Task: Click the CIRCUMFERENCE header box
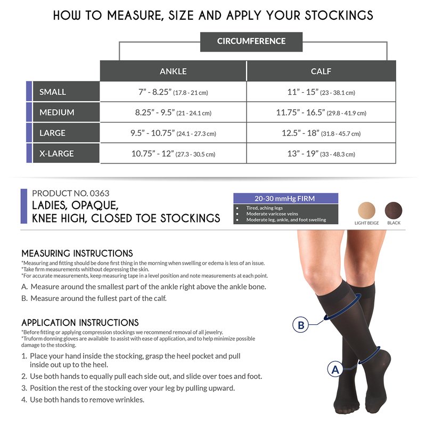251,42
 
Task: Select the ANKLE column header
173,71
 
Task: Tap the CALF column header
321,71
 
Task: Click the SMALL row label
66,92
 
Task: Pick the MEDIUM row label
66,112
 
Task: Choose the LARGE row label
66,133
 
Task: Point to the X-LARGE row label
66,153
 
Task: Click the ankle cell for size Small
173,92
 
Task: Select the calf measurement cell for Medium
321,112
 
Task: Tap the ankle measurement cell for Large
173,133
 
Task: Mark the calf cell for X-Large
321,153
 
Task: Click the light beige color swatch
366,210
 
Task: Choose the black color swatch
394,210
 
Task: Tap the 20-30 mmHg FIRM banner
286,198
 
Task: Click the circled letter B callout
300,325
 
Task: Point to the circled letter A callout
335,370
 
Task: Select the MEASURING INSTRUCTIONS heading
77,253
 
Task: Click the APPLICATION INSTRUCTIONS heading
80,323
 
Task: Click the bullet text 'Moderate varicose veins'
272,214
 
